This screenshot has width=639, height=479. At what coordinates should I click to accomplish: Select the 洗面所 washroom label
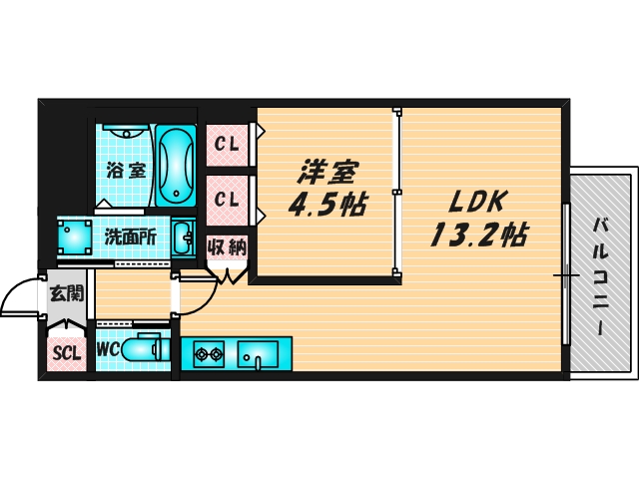pos(130,238)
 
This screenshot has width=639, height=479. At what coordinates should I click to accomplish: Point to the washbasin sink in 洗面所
pos(183,239)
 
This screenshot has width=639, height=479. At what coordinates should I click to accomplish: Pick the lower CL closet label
pos(227,199)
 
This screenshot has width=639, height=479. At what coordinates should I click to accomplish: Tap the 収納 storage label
pos(227,246)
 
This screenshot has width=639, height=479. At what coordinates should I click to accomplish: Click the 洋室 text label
pos(325,171)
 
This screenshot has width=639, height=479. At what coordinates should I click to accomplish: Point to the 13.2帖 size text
pos(479,236)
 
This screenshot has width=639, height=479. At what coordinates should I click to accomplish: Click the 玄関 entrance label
pos(67,294)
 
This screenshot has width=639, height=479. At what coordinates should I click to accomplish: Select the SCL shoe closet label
pos(67,351)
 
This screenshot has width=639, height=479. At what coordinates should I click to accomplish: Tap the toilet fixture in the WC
pos(147,349)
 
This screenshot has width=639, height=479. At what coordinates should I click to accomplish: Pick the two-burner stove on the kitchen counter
pos(207,353)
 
